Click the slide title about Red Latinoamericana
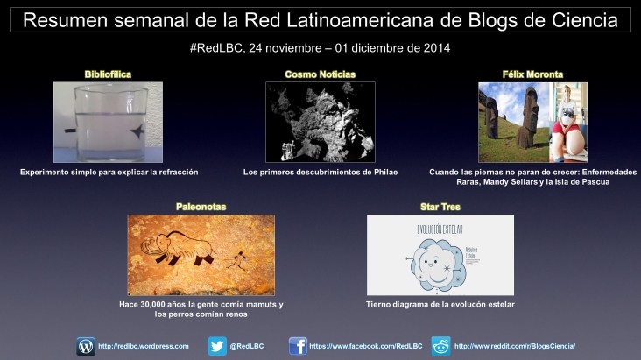pyautogui.click(x=320, y=19)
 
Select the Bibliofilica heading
pyautogui.click(x=109, y=74)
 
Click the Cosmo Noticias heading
pyautogui.click(x=320, y=74)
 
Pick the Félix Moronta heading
pyautogui.click(x=532, y=74)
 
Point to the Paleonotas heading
pyautogui.click(x=201, y=208)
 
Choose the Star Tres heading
pyautogui.click(x=440, y=208)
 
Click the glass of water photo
pyautogui.click(x=109, y=122)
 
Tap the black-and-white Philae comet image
pyautogui.click(x=320, y=122)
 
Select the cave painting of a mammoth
pyautogui.click(x=201, y=255)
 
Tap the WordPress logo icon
pyautogui.click(x=86, y=346)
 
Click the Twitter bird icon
pyautogui.click(x=216, y=346)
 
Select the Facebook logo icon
pyautogui.click(x=298, y=346)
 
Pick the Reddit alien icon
pyautogui.click(x=440, y=346)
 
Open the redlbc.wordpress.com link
pyautogui.click(x=144, y=347)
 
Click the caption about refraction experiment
pyautogui.click(x=109, y=173)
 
